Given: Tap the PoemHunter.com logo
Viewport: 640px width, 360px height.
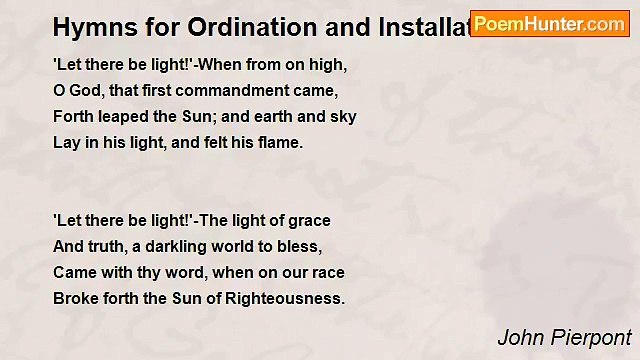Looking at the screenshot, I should [549, 24].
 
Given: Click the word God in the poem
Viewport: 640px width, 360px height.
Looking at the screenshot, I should [86, 90].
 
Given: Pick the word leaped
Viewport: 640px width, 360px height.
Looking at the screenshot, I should [123, 116].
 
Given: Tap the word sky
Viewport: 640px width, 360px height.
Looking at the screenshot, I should [344, 116].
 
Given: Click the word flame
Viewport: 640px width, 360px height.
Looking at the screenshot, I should [281, 142].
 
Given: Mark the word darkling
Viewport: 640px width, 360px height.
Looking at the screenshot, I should [169, 246].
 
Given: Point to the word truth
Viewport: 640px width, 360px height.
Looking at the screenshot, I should [107, 246].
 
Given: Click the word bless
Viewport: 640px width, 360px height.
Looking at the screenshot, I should [301, 246].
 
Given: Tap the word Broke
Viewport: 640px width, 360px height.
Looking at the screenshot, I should [75, 298].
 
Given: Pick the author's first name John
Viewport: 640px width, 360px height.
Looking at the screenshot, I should [520, 337].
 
